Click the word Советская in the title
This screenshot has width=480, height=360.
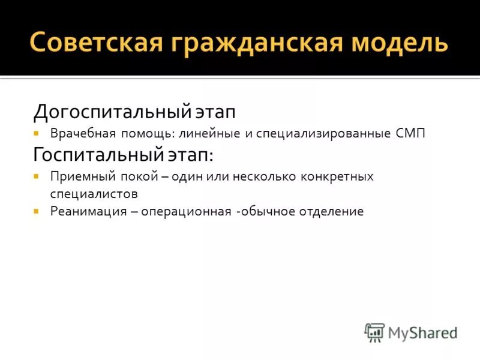(x=94, y=44)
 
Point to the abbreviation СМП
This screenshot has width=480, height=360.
(x=410, y=134)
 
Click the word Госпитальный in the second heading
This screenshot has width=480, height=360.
(x=97, y=155)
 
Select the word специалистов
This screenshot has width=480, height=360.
(x=94, y=194)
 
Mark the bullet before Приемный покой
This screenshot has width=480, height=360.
(x=37, y=176)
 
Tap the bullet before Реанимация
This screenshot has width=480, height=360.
(x=37, y=211)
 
